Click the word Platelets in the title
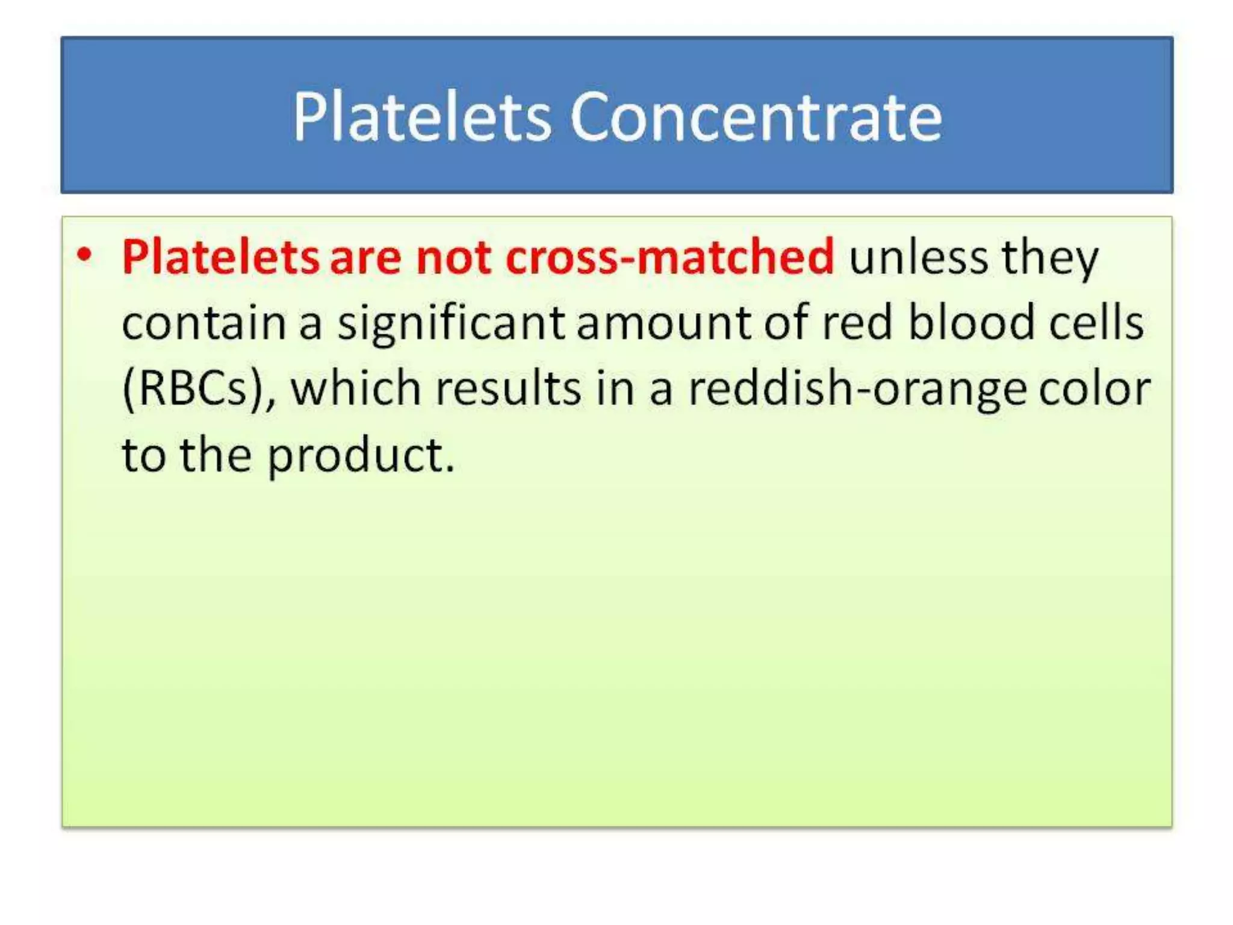[x=421, y=117]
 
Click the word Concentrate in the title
[x=756, y=117]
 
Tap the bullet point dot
[x=85, y=255]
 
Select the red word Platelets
[x=220, y=258]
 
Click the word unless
[x=918, y=258]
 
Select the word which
[x=355, y=388]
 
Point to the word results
[x=508, y=388]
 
